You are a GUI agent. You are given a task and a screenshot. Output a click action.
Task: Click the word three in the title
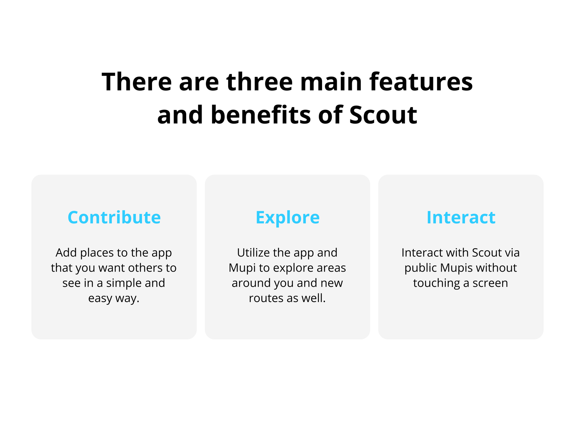coord(259,82)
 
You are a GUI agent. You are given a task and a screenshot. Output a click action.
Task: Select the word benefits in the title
coord(261,114)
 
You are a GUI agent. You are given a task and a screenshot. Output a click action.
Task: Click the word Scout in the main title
coord(383,115)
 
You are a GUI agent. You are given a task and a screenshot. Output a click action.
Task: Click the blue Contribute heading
coord(114,217)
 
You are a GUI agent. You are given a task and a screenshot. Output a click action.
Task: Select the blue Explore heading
coord(287,218)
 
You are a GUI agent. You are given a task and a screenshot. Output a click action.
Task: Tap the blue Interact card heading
coord(461,217)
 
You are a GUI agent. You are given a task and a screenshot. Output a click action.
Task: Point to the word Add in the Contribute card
coord(66,252)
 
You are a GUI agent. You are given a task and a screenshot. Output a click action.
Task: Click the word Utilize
coord(253,252)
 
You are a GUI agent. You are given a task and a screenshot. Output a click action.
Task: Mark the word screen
coord(490,283)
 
